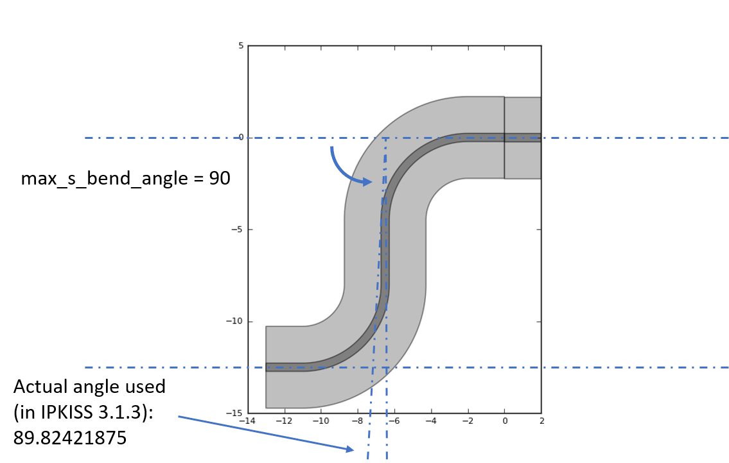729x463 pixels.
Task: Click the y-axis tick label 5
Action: pyautogui.click(x=241, y=46)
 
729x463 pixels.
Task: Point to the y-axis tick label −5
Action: pyautogui.click(x=237, y=230)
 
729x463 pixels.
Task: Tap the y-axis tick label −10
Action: pyautogui.click(x=235, y=321)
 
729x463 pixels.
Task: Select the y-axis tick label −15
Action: pyautogui.click(x=235, y=413)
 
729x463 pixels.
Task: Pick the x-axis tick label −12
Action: pyautogui.click(x=284, y=421)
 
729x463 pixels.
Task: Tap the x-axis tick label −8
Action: pyautogui.click(x=357, y=421)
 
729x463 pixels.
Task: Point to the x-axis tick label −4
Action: pyautogui.click(x=431, y=421)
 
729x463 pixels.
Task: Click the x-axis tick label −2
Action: pyautogui.click(x=468, y=421)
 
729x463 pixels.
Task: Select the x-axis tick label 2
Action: pyautogui.click(x=541, y=421)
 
